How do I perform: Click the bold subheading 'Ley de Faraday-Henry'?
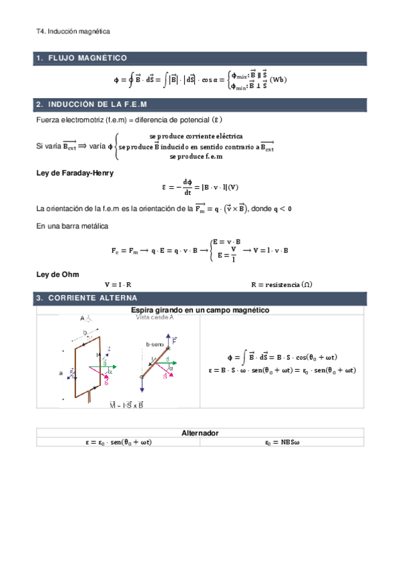click(65, 173)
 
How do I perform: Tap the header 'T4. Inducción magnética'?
click(73, 31)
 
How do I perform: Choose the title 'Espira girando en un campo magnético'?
click(200, 310)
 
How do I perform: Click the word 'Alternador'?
click(200, 433)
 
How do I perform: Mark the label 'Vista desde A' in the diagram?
click(154, 318)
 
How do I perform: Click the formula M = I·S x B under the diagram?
click(126, 404)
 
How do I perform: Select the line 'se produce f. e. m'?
click(196, 156)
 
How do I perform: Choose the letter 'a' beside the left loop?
click(61, 374)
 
